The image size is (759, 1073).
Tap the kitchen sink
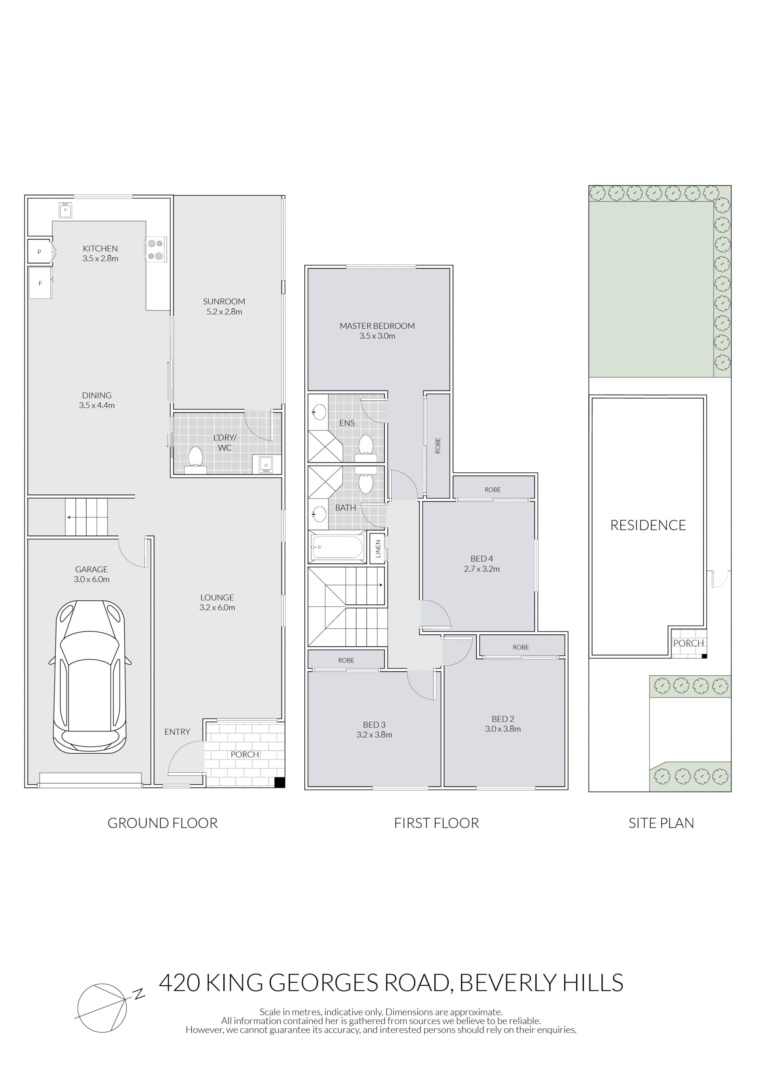tap(66, 210)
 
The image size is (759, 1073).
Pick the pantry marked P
tap(40, 252)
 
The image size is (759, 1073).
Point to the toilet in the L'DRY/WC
tap(195, 460)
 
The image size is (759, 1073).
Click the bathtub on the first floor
tap(338, 547)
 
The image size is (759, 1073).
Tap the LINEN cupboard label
tap(378, 549)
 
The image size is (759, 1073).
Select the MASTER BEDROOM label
tap(377, 326)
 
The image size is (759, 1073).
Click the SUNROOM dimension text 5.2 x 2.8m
tap(224, 312)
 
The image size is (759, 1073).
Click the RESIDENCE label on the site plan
tap(648, 525)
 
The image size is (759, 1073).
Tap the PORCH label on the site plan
tap(688, 643)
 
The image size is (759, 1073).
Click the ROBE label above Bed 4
tap(493, 489)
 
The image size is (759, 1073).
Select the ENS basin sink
tap(319, 412)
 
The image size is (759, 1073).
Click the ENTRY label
tap(177, 732)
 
